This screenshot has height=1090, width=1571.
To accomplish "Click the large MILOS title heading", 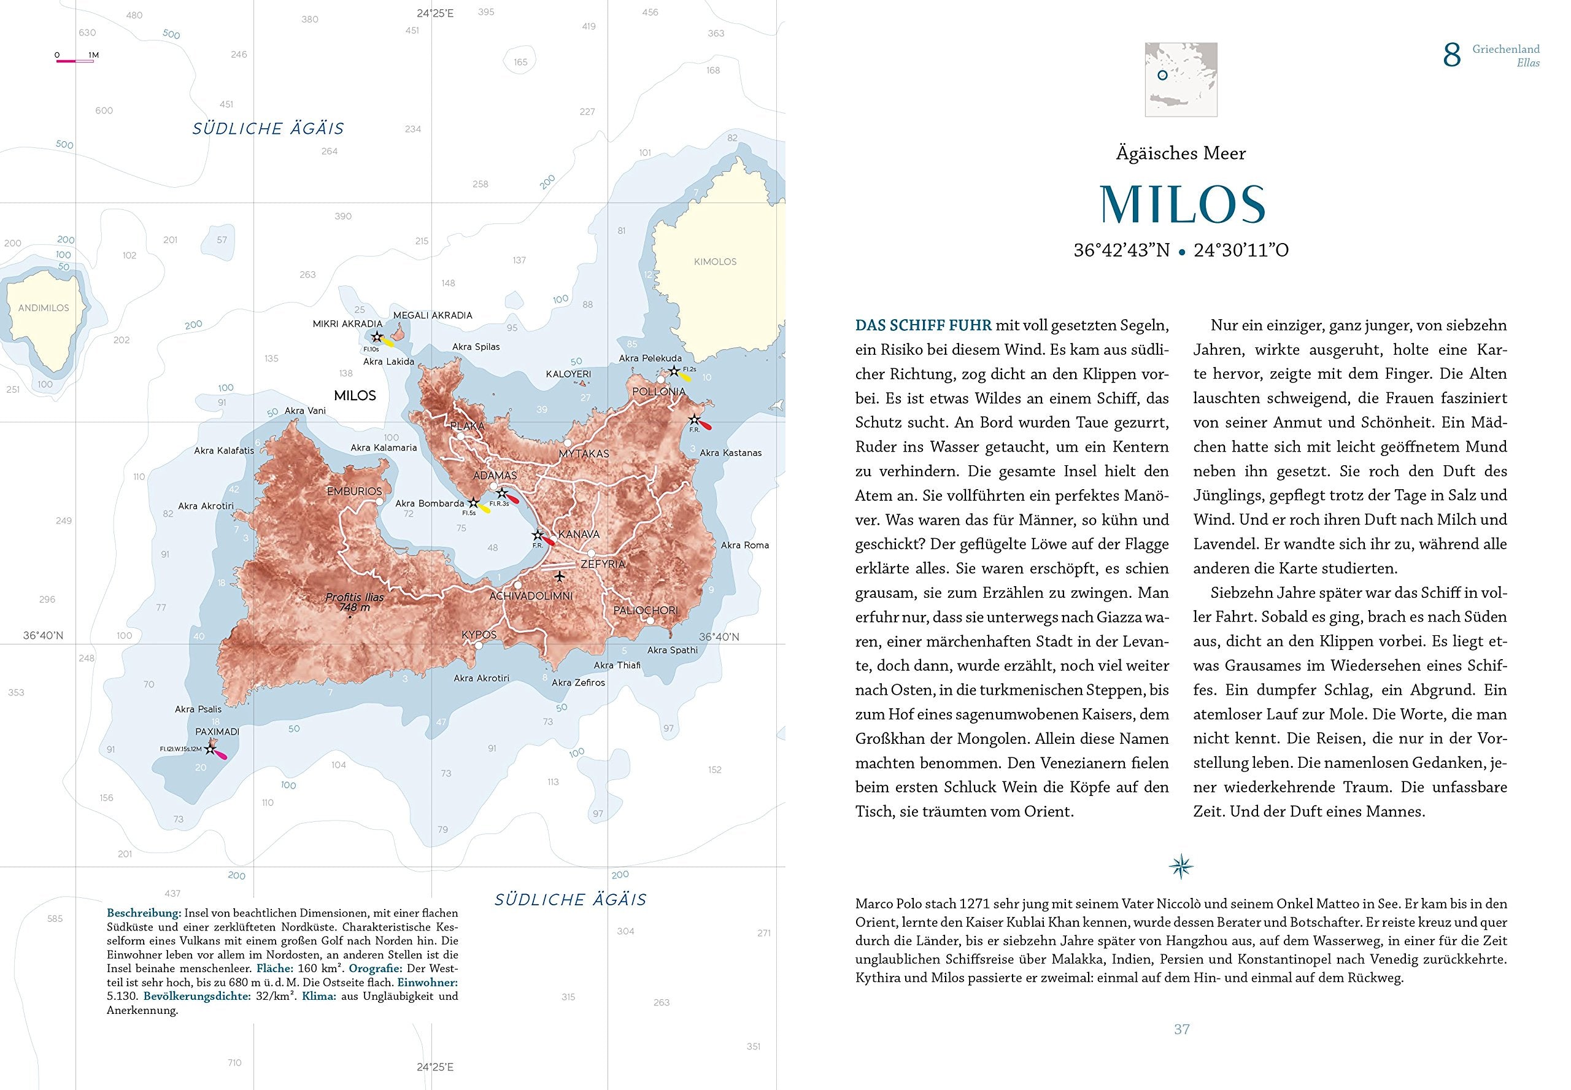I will [1182, 204].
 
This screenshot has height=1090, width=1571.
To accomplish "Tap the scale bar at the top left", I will [74, 61].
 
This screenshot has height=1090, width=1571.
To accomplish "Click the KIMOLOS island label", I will [715, 261].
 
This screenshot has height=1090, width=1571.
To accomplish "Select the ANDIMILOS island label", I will [44, 308].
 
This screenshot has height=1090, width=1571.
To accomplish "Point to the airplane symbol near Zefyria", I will [560, 577].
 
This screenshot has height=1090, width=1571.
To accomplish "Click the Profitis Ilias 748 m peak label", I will [354, 601].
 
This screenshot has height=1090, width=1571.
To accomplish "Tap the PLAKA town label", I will [467, 426].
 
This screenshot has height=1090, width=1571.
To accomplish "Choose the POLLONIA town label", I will [658, 392].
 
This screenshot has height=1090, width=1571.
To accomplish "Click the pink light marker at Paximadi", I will [219, 753].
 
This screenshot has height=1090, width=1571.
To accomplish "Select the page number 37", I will [1182, 1029].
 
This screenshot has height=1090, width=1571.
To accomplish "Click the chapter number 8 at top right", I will [1451, 55].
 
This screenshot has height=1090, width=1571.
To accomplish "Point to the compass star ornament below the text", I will [1181, 867].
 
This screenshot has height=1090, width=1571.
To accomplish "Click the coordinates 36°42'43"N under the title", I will [1121, 250].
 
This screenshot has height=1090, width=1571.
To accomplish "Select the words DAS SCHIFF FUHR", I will [923, 325].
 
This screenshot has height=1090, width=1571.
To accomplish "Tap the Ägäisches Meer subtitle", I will [1181, 153].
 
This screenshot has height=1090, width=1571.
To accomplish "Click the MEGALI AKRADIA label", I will [432, 315].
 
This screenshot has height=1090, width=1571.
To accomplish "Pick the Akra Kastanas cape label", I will [730, 453].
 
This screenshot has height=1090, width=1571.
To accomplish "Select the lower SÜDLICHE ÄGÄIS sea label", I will [570, 900].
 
